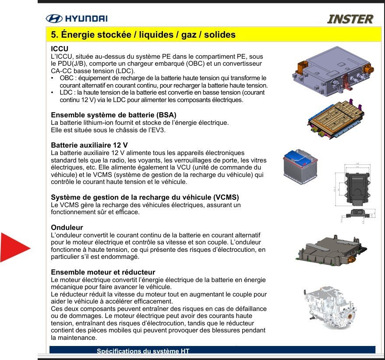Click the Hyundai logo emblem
54,19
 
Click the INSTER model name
350,19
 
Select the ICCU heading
60,49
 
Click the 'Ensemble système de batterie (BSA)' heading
114,115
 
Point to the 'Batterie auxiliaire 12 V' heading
89,145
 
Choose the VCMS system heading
145,197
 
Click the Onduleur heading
67,227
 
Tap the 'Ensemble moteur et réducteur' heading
103,272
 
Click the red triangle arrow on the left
15,248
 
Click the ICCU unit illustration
333,71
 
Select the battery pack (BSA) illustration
336,118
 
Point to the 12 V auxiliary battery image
300,166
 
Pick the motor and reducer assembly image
330,307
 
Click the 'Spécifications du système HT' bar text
143,351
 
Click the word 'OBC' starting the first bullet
67,78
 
